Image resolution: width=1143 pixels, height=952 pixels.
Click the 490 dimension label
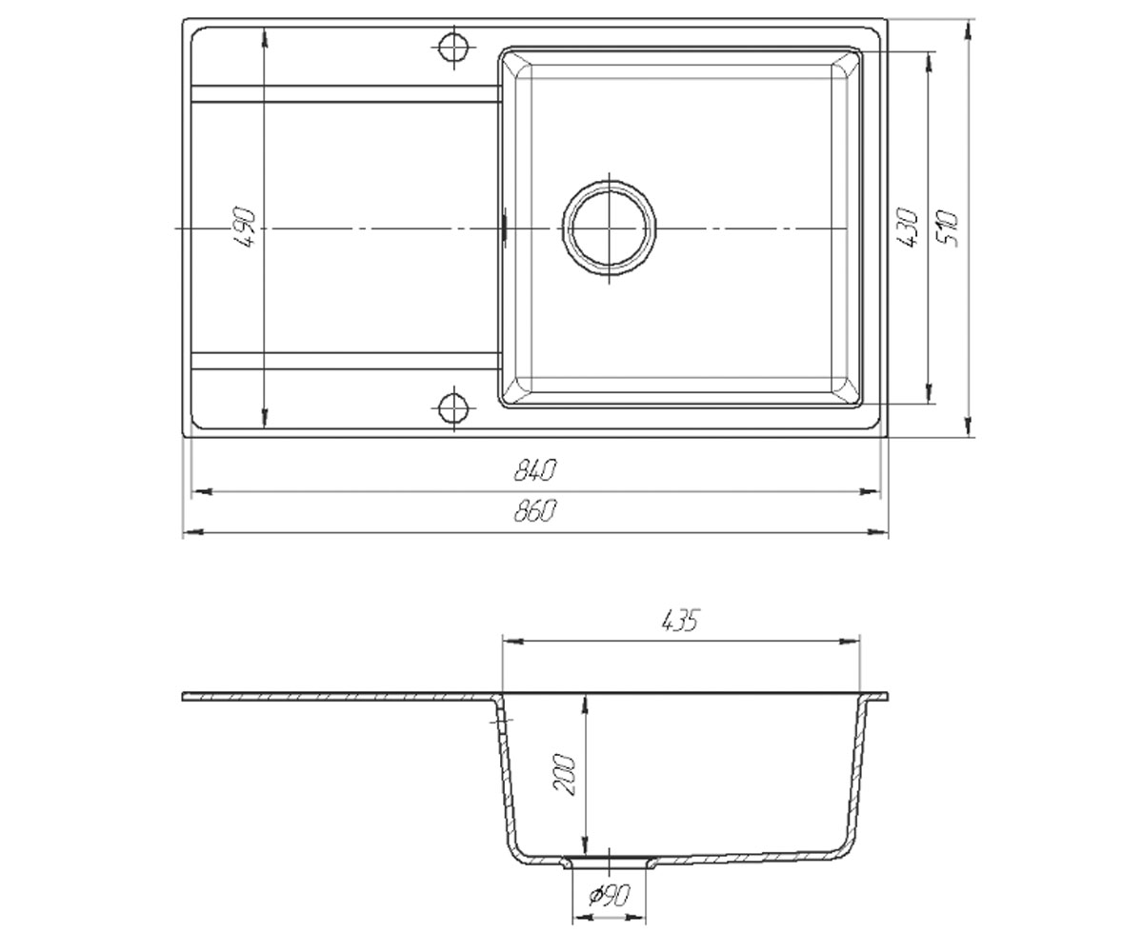coord(245,228)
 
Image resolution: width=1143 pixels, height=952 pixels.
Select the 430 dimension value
coord(907,228)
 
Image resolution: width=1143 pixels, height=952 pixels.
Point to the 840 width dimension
coord(534,470)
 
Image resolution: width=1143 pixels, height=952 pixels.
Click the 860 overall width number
coord(534,510)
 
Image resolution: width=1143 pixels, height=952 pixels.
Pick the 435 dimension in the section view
coord(680,621)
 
